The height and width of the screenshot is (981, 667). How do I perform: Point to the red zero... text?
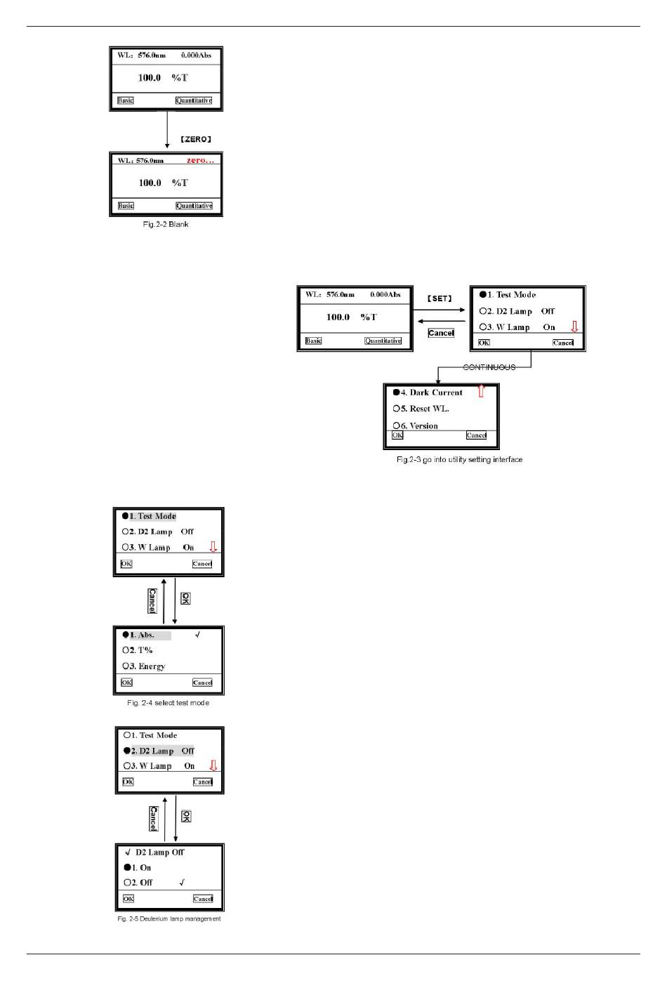(200, 161)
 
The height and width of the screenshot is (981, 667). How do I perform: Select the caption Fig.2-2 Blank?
(166, 225)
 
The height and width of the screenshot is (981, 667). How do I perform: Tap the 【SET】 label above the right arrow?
(440, 298)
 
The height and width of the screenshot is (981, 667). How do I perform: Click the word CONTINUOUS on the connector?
(489, 367)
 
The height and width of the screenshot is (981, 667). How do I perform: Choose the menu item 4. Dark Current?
(431, 393)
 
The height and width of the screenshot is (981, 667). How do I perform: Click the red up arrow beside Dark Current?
(481, 391)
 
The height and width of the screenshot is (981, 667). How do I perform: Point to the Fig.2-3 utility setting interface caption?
(459, 460)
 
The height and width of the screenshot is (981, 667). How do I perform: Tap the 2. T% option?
(140, 650)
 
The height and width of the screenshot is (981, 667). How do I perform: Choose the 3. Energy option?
(147, 666)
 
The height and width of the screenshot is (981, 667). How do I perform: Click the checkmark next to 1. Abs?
(198, 635)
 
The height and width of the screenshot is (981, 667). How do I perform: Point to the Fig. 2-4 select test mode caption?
(168, 703)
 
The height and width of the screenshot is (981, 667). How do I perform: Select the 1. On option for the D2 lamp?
(140, 867)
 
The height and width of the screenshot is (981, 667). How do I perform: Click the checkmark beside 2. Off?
(182, 883)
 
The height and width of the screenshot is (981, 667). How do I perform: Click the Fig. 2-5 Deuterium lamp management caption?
(169, 919)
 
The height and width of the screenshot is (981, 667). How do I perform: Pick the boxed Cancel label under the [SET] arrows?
(441, 333)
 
